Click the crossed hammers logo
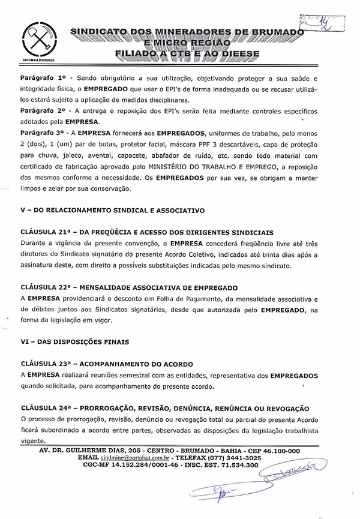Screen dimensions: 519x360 click(34, 40)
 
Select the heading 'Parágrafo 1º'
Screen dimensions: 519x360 click(43, 79)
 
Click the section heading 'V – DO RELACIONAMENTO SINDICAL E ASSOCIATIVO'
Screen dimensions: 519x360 click(112, 211)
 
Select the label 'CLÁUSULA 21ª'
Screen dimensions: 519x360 click(46, 232)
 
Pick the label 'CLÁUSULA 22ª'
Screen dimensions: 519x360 click(46, 288)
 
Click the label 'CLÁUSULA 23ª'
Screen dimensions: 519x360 click(46, 364)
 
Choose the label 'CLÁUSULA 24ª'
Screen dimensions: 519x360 click(46, 408)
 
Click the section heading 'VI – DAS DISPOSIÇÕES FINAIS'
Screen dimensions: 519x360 click(74, 342)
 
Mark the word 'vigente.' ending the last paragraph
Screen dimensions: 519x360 click(33, 440)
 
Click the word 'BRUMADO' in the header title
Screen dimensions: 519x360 click(276, 31)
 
